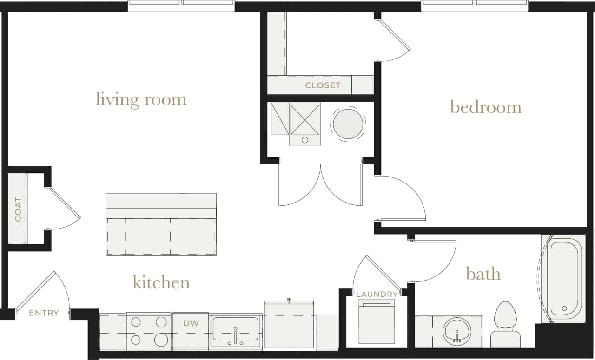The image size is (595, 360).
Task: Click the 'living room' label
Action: [141, 99]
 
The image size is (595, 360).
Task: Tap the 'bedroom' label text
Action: [485, 107]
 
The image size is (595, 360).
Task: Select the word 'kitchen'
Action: [161, 282]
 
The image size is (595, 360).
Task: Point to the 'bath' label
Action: [483, 274]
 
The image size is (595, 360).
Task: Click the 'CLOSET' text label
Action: [323, 85]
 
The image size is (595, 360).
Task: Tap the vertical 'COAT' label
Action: [18, 209]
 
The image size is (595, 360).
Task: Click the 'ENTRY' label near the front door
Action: [44, 313]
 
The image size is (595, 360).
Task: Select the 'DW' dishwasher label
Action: [191, 323]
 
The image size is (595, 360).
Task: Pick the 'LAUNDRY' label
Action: [377, 294]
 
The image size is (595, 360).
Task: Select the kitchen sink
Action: [235, 330]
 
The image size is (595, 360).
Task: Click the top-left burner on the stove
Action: [136, 322]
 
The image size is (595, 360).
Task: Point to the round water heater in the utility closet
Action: [348, 124]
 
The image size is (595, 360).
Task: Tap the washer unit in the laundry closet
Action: [377, 321]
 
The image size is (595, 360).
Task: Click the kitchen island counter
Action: [161, 224]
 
